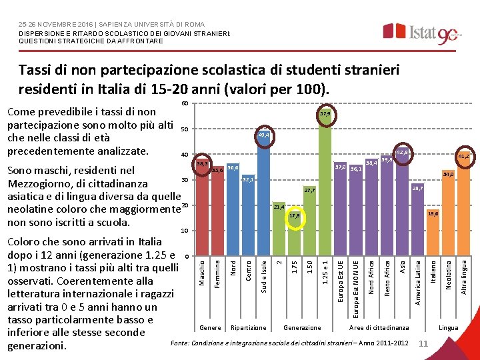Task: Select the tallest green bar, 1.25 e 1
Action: click(x=325, y=187)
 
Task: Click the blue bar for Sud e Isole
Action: click(x=264, y=200)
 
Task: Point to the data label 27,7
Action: click(x=309, y=190)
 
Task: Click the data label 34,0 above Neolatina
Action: click(x=449, y=175)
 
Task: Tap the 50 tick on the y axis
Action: click(x=185, y=129)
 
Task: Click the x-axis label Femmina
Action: click(x=217, y=274)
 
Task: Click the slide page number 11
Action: click(x=421, y=343)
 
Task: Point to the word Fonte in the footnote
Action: click(x=180, y=343)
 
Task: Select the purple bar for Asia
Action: click(x=402, y=207)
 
